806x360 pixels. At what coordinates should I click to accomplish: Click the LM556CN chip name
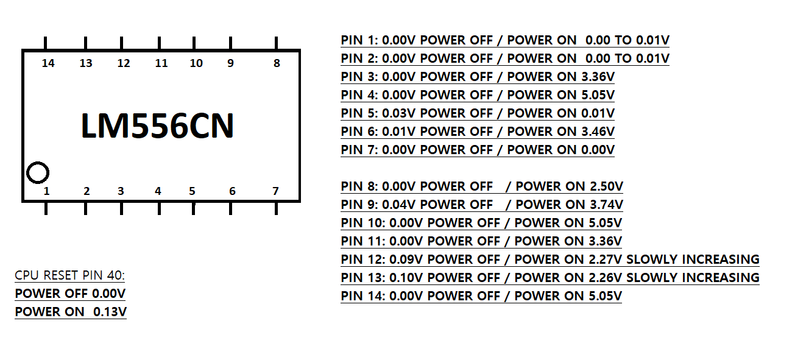(157, 126)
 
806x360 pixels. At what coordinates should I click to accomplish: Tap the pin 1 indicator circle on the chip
(38, 173)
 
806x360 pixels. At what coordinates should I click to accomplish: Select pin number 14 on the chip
(48, 63)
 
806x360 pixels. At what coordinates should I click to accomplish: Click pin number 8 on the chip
(277, 63)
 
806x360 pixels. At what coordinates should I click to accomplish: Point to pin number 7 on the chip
(275, 191)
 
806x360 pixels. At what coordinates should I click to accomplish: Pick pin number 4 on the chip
(158, 191)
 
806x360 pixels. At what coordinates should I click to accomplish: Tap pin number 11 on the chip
(161, 63)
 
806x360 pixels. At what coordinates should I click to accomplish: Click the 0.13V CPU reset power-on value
(110, 312)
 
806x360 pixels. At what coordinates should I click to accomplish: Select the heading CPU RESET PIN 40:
(69, 276)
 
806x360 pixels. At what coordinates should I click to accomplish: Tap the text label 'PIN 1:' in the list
(359, 40)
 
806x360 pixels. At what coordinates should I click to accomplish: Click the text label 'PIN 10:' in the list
(362, 223)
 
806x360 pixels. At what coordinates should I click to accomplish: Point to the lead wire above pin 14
(46, 43)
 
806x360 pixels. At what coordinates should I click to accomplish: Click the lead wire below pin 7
(277, 208)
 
